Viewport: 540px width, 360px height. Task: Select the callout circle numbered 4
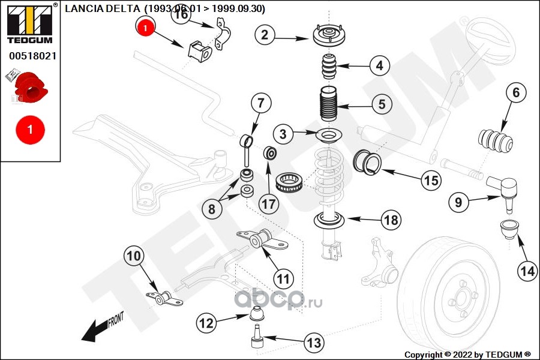[379, 65]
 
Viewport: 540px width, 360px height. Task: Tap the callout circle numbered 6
[517, 93]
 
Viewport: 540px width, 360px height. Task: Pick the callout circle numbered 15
[430, 179]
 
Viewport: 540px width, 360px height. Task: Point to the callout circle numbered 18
[391, 220]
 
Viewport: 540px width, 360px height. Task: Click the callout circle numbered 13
[313, 343]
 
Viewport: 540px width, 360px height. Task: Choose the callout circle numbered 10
[135, 257]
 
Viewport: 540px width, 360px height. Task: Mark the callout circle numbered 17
[269, 203]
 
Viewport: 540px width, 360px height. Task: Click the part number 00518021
[32, 57]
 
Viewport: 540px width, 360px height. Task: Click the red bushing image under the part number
[30, 88]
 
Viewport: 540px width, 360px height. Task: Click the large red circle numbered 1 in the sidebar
[29, 129]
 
